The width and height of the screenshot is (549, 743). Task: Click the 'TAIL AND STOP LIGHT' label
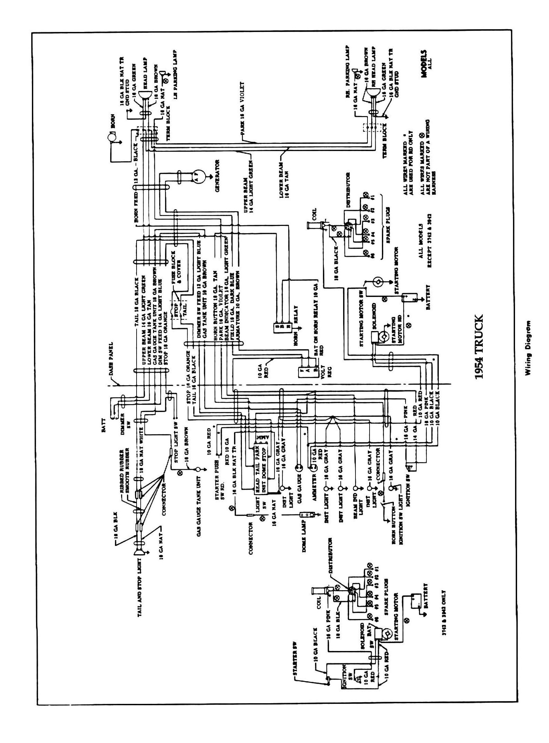click(140, 578)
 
